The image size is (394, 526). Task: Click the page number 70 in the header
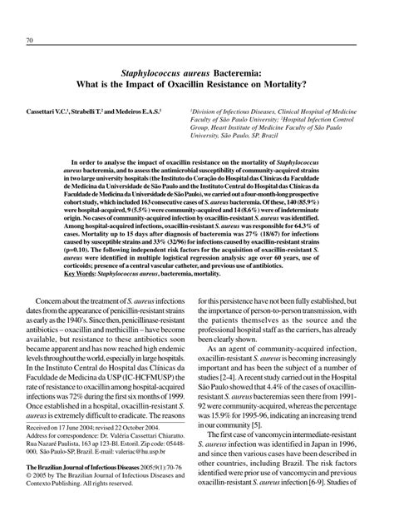30,42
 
